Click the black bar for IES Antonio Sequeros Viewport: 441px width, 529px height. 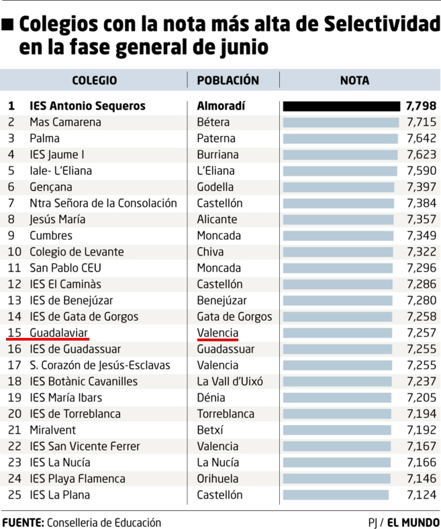point(342,106)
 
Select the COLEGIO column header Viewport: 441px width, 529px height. point(94,80)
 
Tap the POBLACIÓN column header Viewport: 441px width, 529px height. point(228,80)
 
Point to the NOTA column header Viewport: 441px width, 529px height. point(354,80)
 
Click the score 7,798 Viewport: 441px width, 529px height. point(421,106)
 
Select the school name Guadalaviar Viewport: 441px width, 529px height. point(58,333)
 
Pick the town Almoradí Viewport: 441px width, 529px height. point(221,106)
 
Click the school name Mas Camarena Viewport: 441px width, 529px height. point(65,122)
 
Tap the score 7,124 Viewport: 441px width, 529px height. point(422,495)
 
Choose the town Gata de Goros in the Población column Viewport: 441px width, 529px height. point(234,316)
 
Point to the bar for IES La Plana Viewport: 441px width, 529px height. point(336,495)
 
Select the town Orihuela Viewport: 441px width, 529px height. point(217,479)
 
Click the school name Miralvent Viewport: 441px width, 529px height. point(52,430)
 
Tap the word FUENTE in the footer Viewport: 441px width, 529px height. point(23,522)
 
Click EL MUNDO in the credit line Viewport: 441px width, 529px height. point(413,522)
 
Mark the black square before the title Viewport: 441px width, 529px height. point(8,26)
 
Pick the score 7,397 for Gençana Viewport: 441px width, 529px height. point(422,186)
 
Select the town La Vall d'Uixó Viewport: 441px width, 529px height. point(230,381)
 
